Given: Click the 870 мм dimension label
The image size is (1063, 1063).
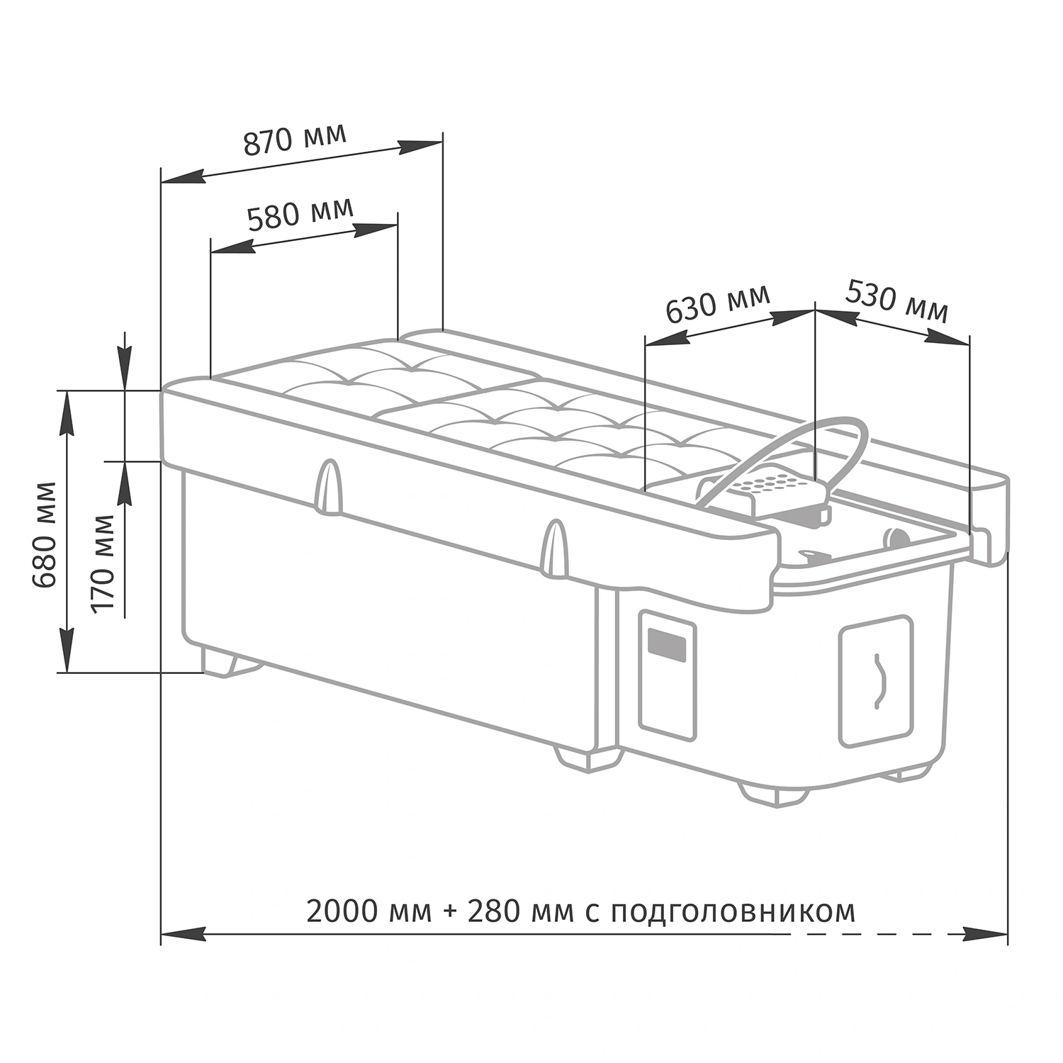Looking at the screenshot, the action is pos(295,139).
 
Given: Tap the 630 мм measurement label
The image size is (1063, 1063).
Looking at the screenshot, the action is pos(717,303).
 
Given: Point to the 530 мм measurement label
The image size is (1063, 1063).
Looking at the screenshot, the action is pos(897,301).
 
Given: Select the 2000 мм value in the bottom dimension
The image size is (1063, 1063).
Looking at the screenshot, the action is pos(369,911).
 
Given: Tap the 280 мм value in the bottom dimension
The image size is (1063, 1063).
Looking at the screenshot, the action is pos(520,911).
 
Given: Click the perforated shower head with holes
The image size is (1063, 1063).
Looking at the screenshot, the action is pos(772,488).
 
